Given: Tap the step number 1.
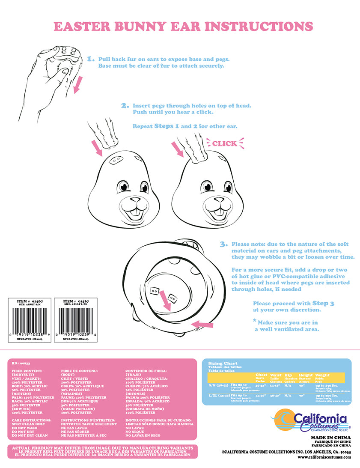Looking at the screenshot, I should coord(90,59).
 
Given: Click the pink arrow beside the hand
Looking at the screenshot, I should coord(77,85).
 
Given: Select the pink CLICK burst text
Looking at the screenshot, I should coord(224,143).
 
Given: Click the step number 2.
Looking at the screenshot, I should coord(125,106).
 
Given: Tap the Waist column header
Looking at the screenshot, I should coord(276,375).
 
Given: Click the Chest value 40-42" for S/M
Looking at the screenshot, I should coord(260,385).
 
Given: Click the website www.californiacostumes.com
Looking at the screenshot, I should coord(324,457).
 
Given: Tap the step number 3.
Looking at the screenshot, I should coord(223,244).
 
